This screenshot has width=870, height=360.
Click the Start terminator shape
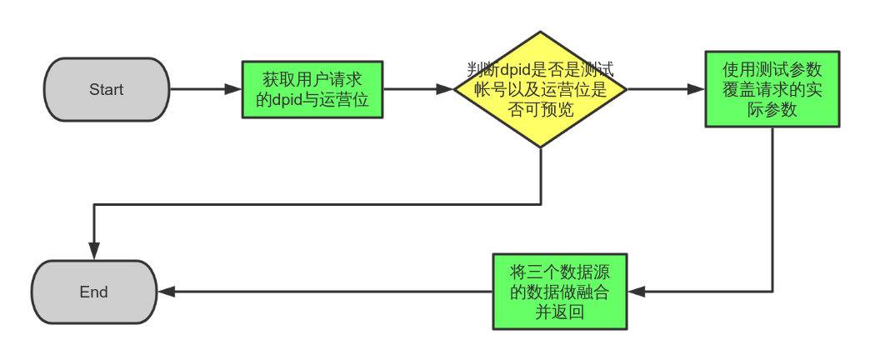click(x=106, y=90)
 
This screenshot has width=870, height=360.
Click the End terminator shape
click(x=94, y=292)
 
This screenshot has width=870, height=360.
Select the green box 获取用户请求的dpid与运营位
click(x=312, y=90)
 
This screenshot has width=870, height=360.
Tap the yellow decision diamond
click(x=540, y=90)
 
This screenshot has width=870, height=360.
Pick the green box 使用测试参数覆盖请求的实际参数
click(x=772, y=89)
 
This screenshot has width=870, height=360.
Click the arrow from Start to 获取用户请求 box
click(x=205, y=89)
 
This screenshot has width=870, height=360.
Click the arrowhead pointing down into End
click(x=94, y=250)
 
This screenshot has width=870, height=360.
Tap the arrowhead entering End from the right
click(x=166, y=292)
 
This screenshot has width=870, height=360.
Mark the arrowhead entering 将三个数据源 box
click(x=637, y=292)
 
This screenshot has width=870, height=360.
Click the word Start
click(x=106, y=90)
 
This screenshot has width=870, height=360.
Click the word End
click(x=94, y=292)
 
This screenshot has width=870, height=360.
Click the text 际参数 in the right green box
click(x=772, y=109)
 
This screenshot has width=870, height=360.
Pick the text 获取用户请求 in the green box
click(x=312, y=80)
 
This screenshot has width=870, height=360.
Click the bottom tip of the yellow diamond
click(x=540, y=147)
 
